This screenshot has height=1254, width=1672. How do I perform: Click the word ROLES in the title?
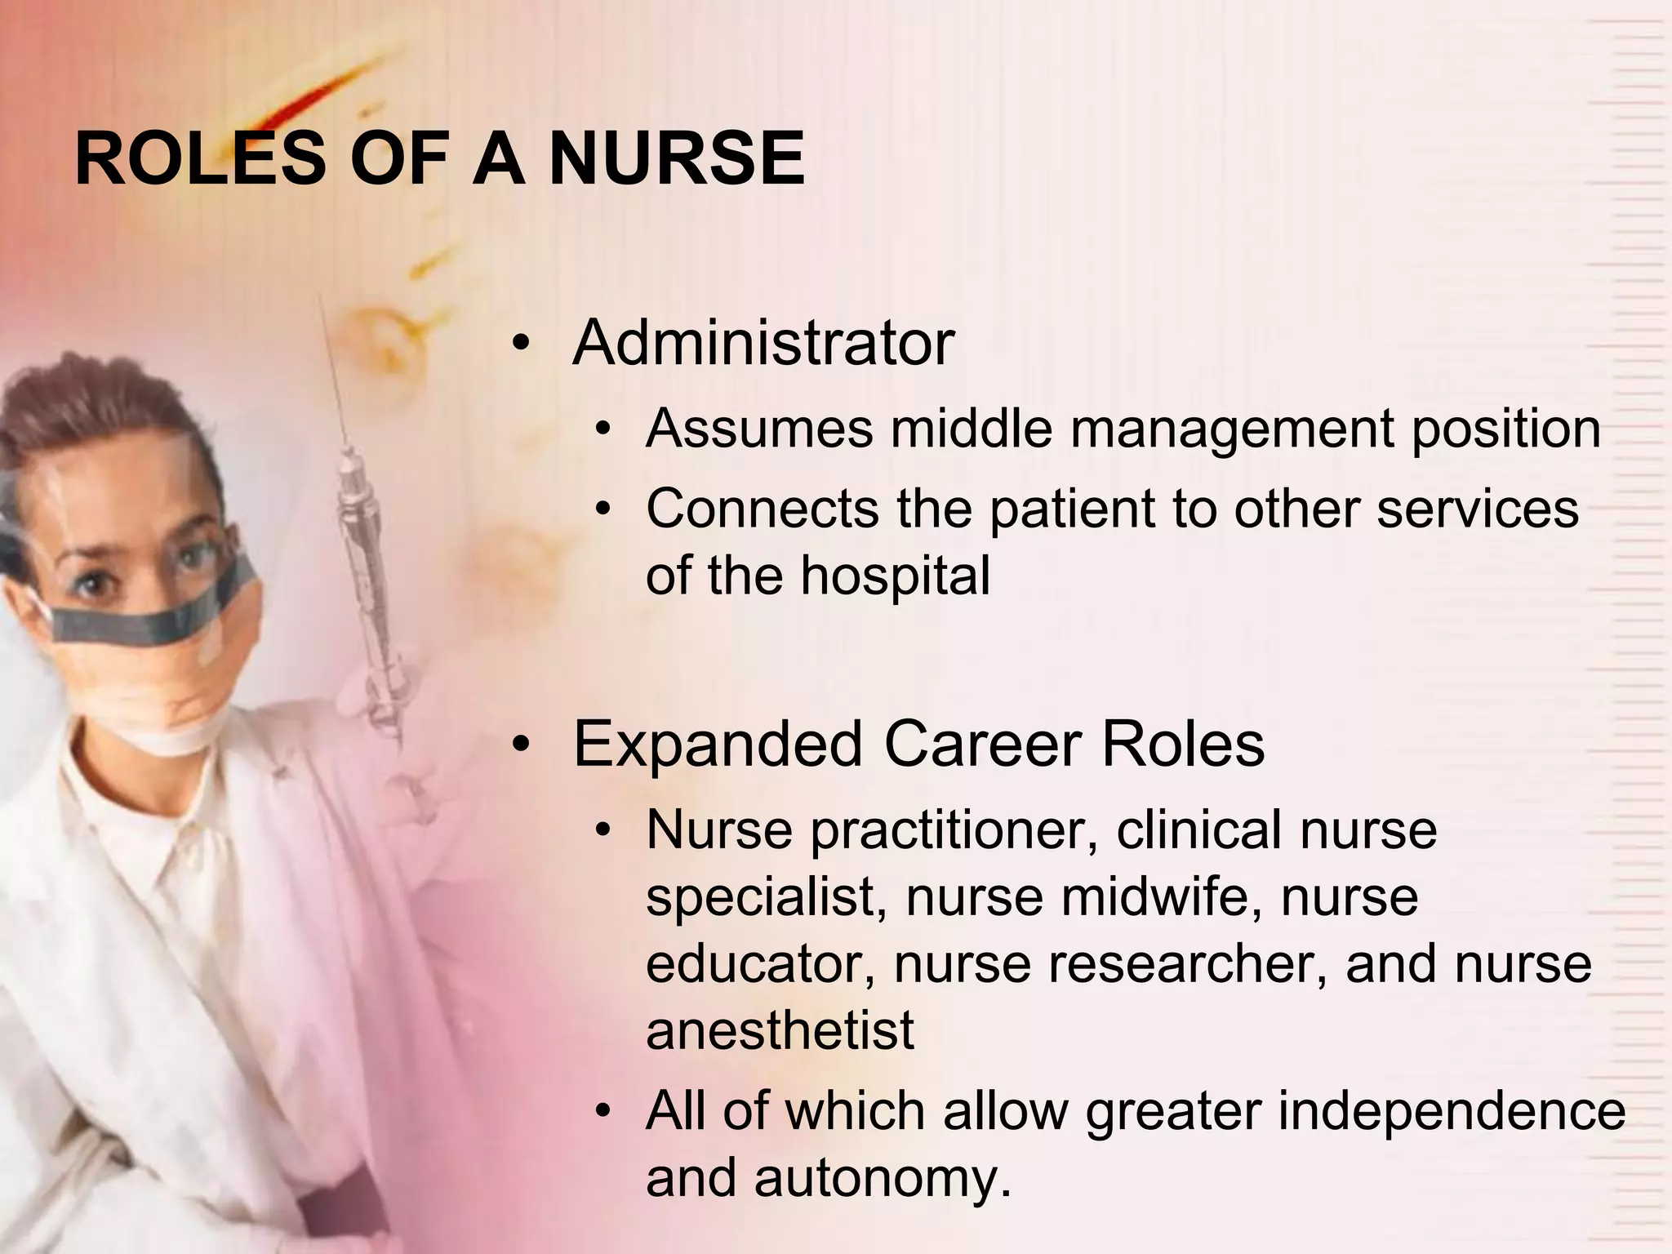pos(200,159)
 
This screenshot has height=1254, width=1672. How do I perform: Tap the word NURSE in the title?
pos(677,159)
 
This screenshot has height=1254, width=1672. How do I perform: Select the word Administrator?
pos(763,343)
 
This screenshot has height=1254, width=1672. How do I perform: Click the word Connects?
pos(763,509)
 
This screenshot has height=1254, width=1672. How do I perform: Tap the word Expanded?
pos(718,745)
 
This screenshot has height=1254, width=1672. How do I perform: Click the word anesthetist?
pos(780,1031)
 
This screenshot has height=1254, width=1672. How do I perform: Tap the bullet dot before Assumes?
pos(603,430)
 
